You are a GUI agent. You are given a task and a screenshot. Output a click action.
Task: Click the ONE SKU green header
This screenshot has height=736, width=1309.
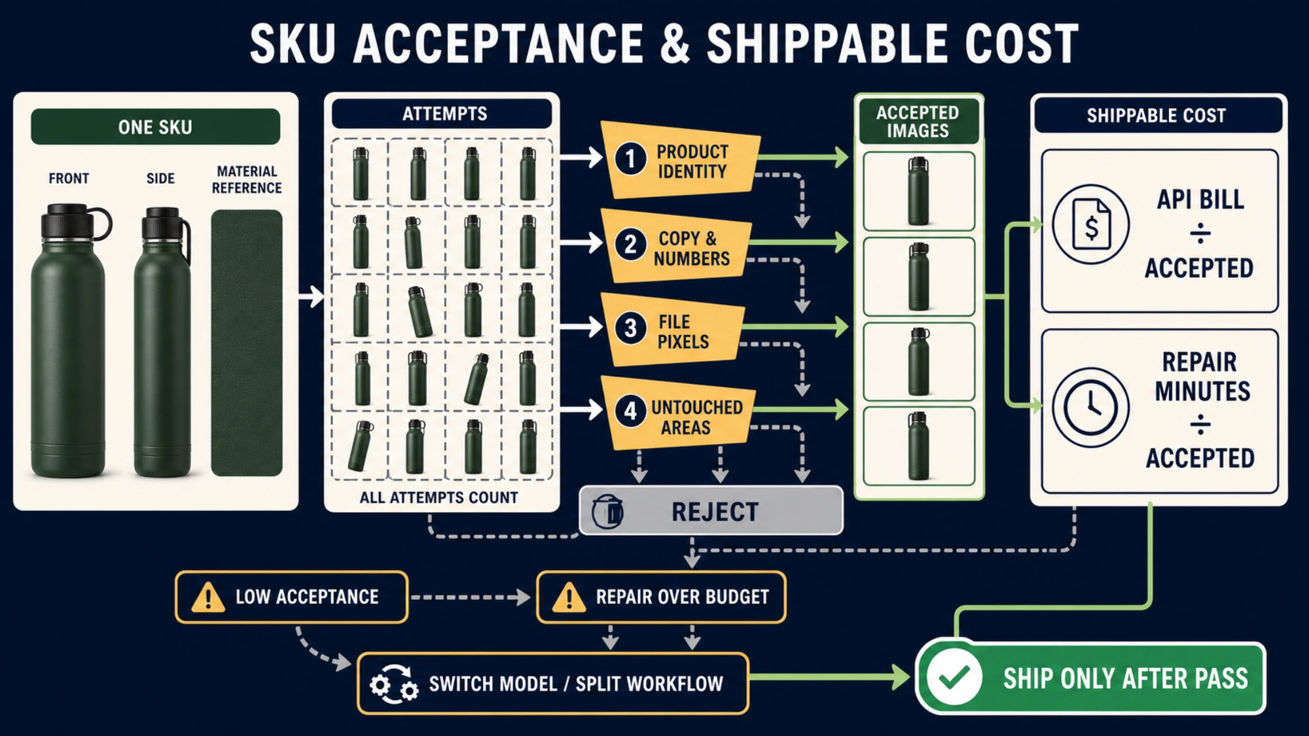tap(155, 126)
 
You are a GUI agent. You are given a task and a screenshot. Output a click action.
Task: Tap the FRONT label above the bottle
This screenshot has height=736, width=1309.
tap(69, 179)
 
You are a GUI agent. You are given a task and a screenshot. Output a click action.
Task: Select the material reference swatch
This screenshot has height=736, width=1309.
tap(247, 343)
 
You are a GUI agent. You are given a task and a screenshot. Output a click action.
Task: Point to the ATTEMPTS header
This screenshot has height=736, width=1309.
tap(444, 114)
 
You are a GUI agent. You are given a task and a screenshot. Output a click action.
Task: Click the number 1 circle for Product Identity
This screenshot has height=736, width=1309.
tap(630, 159)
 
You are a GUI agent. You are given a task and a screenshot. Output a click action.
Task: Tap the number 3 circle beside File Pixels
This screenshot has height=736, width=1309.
tap(630, 328)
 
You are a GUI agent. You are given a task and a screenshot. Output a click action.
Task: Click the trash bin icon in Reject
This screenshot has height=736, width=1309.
tap(607, 512)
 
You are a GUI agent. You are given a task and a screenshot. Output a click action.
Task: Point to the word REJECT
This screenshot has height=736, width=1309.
tap(715, 512)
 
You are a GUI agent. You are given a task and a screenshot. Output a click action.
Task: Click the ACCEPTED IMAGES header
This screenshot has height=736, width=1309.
tap(918, 122)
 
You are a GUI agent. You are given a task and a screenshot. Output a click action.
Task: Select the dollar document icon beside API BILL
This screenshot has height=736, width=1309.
tap(1090, 224)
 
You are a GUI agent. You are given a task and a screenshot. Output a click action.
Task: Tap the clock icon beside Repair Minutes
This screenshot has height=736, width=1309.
tap(1090, 407)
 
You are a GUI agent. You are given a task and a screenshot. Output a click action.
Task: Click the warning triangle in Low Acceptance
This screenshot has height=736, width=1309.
tap(208, 597)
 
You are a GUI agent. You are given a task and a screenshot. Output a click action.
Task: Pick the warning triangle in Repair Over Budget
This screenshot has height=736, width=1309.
tap(569, 597)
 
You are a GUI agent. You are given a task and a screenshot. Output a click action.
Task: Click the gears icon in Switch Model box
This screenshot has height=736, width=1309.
tap(393, 684)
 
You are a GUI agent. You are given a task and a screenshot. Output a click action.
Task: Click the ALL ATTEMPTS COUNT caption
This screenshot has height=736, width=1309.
tap(439, 498)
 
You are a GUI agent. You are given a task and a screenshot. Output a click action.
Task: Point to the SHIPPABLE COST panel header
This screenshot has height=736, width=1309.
tap(1157, 115)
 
